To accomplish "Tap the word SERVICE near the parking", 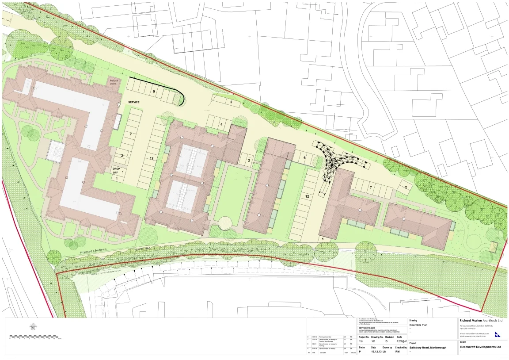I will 133,102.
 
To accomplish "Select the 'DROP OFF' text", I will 116,171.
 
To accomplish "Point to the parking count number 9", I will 154,91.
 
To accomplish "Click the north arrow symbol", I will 33,327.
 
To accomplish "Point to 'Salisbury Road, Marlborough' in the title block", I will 428,348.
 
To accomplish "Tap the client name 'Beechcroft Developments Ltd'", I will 481,347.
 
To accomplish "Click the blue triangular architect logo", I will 498,334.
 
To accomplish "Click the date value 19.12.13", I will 376,352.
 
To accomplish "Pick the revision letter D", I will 386,341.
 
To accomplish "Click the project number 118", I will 361,341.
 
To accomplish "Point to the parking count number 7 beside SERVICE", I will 131,133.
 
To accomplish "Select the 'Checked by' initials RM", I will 397,352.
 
